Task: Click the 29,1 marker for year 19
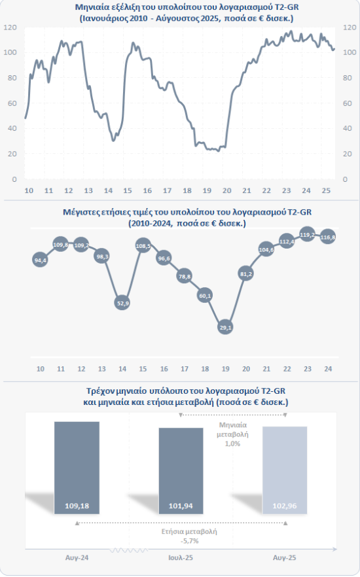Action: tap(225, 327)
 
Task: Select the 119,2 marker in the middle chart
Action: tap(308, 234)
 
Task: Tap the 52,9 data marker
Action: tap(122, 303)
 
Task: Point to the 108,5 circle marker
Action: tap(143, 246)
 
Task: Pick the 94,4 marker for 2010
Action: tap(40, 260)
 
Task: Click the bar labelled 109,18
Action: tap(77, 468)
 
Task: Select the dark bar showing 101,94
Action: tap(181, 470)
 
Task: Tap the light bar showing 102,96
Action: tap(285, 470)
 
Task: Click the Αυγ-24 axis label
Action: tap(77, 557)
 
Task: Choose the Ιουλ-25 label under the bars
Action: tap(181, 557)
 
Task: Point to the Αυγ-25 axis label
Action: tap(285, 557)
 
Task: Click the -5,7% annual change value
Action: tap(190, 541)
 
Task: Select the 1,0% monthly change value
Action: tap(232, 444)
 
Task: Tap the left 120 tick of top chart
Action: tap(10, 27)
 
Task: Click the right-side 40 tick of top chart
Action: tap(348, 128)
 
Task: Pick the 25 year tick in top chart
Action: tap(326, 190)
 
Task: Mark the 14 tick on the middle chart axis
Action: tap(122, 368)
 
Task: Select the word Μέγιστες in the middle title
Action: tap(79, 212)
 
